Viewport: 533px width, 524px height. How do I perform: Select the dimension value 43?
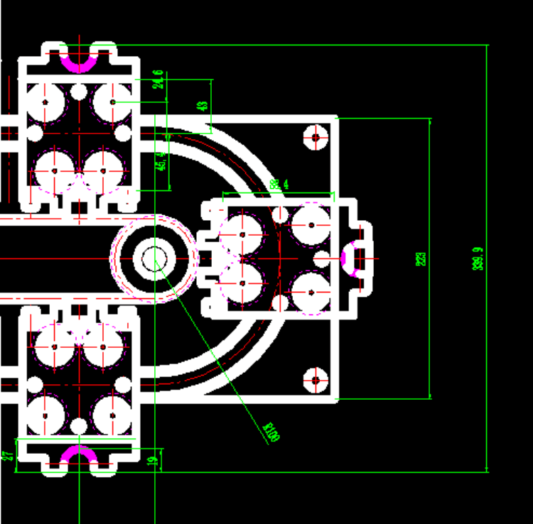(203, 106)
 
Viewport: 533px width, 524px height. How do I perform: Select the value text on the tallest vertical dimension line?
(478, 258)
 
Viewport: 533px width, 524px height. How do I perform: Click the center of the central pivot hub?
(154, 258)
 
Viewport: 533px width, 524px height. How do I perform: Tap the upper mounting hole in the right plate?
(315, 137)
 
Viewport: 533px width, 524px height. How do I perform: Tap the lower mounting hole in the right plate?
(315, 380)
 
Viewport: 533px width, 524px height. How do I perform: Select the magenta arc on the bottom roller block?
(77, 454)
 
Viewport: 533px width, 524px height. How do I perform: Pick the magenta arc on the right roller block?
(350, 258)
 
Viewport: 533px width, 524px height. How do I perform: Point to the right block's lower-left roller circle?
(242, 282)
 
